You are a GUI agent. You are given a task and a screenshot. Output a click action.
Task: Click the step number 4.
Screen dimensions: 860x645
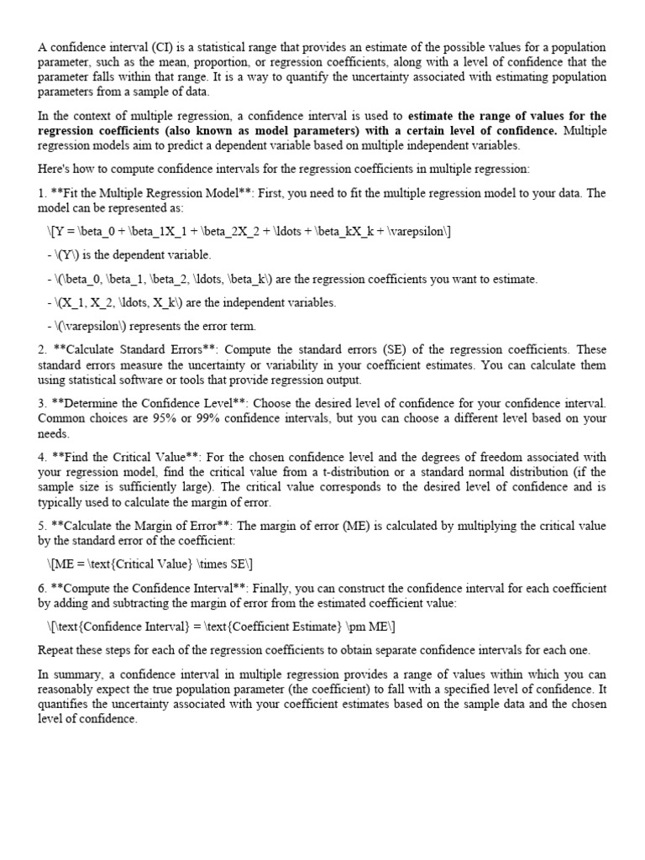pos(42,457)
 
